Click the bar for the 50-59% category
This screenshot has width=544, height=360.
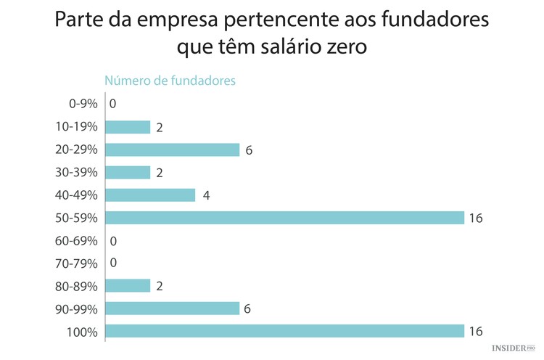coord(284,218)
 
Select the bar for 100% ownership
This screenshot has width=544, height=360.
coord(284,331)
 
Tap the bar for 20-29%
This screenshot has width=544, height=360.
coord(172,150)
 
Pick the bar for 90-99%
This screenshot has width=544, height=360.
coord(172,308)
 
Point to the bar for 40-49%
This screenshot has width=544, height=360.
coord(150,195)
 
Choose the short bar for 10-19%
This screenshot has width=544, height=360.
coord(128,127)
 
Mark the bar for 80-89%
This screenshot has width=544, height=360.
coord(128,286)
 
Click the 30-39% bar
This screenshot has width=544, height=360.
coord(128,173)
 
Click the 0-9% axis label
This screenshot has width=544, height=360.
coord(82,105)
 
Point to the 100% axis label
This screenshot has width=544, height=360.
coord(81,332)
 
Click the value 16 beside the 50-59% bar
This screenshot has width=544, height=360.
coord(476,218)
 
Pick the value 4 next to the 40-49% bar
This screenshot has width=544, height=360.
coord(206,195)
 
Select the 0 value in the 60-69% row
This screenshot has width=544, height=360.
coord(113,240)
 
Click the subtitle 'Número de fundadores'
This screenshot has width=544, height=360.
coord(170,81)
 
